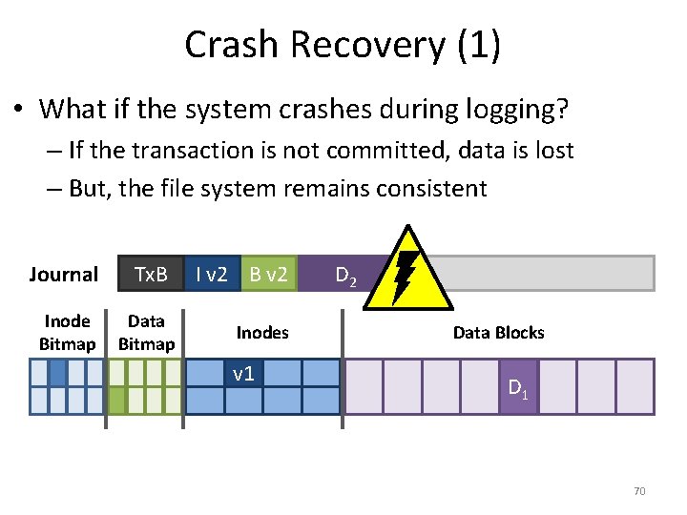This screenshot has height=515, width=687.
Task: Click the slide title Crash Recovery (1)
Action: click(343, 45)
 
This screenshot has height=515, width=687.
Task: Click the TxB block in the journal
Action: click(151, 275)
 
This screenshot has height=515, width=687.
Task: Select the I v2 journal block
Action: click(211, 275)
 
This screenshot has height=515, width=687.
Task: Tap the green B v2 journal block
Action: click(268, 275)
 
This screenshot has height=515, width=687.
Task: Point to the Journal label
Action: click(63, 275)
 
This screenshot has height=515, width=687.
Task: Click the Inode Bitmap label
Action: click(67, 332)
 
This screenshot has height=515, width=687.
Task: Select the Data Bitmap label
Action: click(146, 332)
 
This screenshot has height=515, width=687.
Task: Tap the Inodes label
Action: click(261, 332)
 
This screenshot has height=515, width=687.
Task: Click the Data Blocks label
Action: click(498, 332)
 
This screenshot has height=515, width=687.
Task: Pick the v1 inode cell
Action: click(243, 373)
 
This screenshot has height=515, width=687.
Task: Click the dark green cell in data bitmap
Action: click(116, 400)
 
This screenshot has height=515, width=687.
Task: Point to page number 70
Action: click(639, 491)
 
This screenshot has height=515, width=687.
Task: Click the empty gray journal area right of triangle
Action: click(553, 273)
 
